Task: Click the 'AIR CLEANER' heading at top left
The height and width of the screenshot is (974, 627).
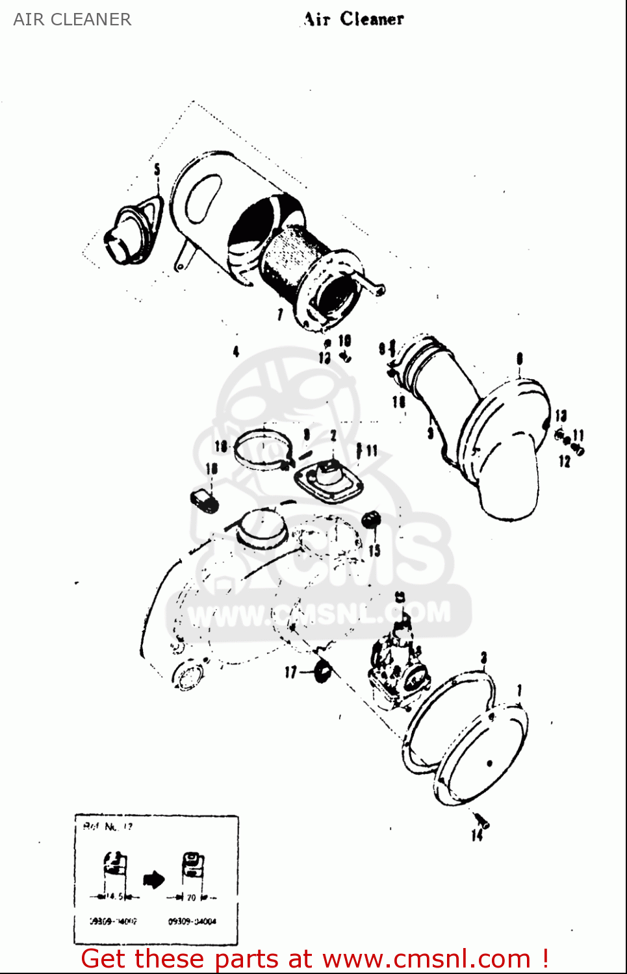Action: (x=72, y=19)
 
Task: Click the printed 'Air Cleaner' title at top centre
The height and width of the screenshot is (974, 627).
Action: (x=354, y=19)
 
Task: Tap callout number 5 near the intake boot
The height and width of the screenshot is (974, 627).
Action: (x=157, y=170)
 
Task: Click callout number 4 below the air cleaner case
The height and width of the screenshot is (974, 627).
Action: (x=236, y=351)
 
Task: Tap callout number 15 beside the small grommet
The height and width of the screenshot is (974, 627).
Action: (x=374, y=550)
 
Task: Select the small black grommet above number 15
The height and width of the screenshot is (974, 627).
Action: (x=371, y=519)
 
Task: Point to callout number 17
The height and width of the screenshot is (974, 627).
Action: (x=290, y=672)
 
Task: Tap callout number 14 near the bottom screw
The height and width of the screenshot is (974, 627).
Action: (x=477, y=835)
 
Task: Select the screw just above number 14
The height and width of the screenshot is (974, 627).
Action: (x=481, y=819)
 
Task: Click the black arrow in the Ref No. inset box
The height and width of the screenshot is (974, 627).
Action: (x=153, y=880)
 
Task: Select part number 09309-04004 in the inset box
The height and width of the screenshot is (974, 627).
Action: (x=192, y=921)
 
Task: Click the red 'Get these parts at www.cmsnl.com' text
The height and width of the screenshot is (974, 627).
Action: (x=315, y=958)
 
